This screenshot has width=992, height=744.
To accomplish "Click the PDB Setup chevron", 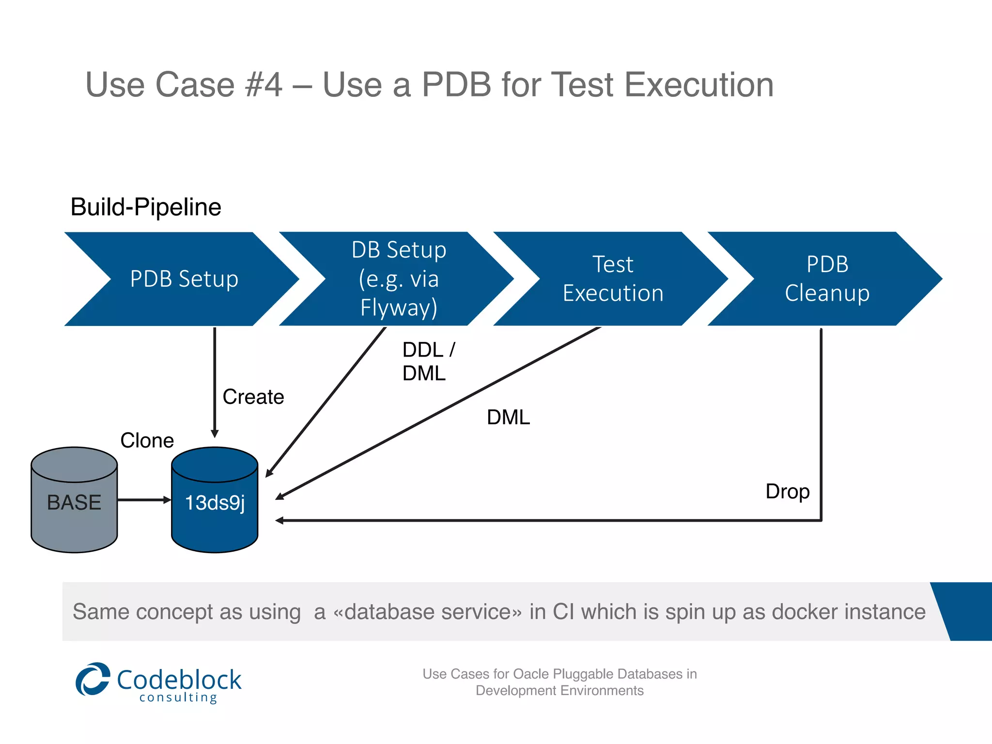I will (x=184, y=279).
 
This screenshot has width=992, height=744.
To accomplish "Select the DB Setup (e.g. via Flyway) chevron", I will (x=398, y=279).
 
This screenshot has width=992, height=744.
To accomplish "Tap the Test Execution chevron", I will (x=613, y=279).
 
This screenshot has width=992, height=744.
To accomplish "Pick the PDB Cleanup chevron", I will (x=827, y=279).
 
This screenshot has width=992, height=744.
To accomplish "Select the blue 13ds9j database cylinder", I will (x=215, y=501).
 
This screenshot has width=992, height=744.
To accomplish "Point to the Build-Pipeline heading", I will (x=146, y=207).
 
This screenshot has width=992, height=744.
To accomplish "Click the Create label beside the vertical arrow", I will (x=253, y=397).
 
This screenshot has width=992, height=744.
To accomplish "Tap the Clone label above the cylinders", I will (x=147, y=440).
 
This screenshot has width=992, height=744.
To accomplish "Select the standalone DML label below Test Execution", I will (x=508, y=417).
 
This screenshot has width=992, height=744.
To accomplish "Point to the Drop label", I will (x=787, y=492).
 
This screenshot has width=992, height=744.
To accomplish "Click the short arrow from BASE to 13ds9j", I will (x=144, y=500).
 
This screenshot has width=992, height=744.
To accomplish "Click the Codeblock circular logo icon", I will (x=93, y=679).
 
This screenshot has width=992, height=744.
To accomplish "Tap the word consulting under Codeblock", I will (x=178, y=697).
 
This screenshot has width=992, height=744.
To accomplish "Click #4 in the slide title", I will (x=263, y=85).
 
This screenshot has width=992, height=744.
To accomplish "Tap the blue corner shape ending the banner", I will (x=966, y=611).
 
